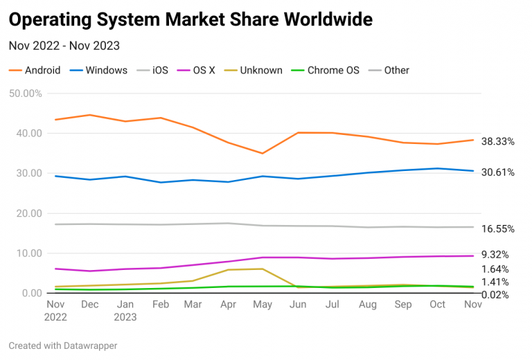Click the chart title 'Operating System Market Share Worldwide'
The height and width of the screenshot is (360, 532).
pos(190,19)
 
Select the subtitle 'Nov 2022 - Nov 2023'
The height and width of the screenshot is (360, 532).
pos(64,46)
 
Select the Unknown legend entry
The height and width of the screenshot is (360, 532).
pos(254,70)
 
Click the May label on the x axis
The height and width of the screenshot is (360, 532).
pos(262,305)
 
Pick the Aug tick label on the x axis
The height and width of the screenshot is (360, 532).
pos(368,305)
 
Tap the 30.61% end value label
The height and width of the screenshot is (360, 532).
pos(497,172)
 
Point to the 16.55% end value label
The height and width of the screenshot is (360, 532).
pos(497,228)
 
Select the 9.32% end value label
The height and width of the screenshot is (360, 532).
pos(495,255)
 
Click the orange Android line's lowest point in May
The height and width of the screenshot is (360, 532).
pos(262,153)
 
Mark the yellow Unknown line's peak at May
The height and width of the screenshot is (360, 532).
pos(262,269)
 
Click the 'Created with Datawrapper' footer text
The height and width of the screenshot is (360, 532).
pos(63,345)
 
